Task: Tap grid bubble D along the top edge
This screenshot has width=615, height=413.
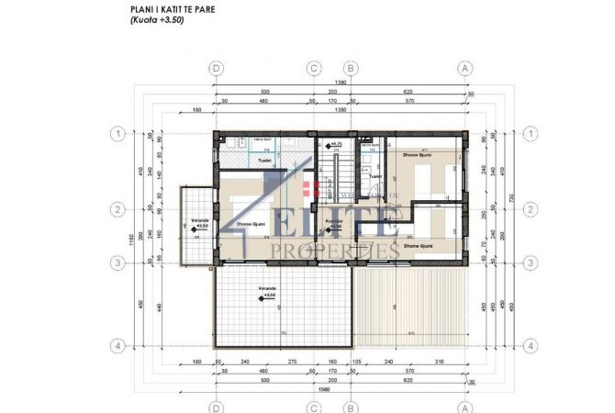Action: (217, 68)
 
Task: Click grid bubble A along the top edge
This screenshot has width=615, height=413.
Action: (465, 68)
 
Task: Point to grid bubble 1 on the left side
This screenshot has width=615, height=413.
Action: (117, 134)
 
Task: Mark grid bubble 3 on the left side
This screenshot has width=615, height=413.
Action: (117, 263)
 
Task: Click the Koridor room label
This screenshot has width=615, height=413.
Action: (333, 220)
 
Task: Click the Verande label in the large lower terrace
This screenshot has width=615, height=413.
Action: (266, 287)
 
